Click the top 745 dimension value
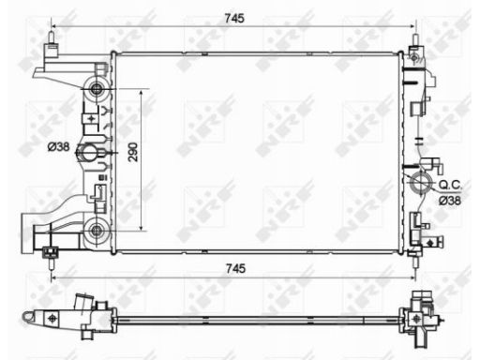tap(234, 18)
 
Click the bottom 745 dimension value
tap(235, 268)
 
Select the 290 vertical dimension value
tap(133, 152)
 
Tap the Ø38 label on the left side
tap(59, 146)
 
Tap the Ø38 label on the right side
tap(450, 201)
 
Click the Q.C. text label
tap(450, 185)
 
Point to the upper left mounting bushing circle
tap(96, 89)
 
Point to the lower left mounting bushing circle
tap(96, 231)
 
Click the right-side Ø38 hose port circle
tap(421, 183)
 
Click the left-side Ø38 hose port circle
tap(89, 153)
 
